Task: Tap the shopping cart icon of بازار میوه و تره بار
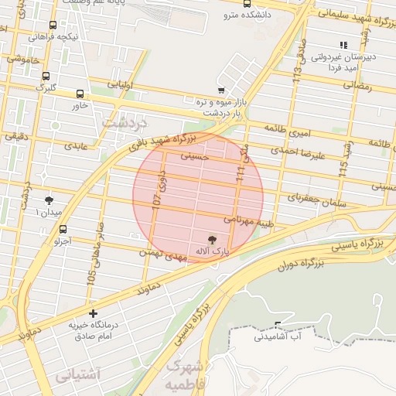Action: (x=221, y=90)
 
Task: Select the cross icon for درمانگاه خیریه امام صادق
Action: (x=94, y=314)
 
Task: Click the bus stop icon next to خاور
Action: (x=80, y=94)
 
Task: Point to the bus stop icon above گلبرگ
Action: (x=46, y=77)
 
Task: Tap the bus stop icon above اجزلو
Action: (x=63, y=230)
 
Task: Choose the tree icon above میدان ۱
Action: (x=50, y=200)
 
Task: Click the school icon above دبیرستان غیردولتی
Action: (x=343, y=46)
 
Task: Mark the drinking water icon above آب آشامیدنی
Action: (x=278, y=325)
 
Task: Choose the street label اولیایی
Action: (x=121, y=84)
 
